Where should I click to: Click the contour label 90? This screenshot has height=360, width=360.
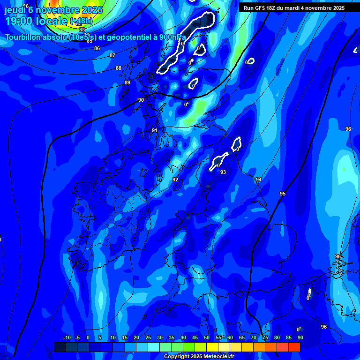(141, 100)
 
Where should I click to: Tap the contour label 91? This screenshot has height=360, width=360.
(155, 130)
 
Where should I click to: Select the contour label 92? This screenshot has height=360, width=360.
(175, 180)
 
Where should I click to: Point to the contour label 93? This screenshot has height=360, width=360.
(223, 172)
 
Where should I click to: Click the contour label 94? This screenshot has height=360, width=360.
(258, 180)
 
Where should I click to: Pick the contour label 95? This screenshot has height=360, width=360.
(282, 194)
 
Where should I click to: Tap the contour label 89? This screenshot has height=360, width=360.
(127, 82)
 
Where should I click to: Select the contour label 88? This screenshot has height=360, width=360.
(119, 68)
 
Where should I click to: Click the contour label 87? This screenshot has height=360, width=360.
(112, 55)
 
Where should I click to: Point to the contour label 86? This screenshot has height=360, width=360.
(97, 48)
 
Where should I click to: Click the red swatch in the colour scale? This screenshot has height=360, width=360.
(294, 347)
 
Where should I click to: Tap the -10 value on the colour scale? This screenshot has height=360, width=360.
(67, 337)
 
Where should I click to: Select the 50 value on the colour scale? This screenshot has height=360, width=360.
(207, 337)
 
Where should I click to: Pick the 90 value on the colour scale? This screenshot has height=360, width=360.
(300, 337)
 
